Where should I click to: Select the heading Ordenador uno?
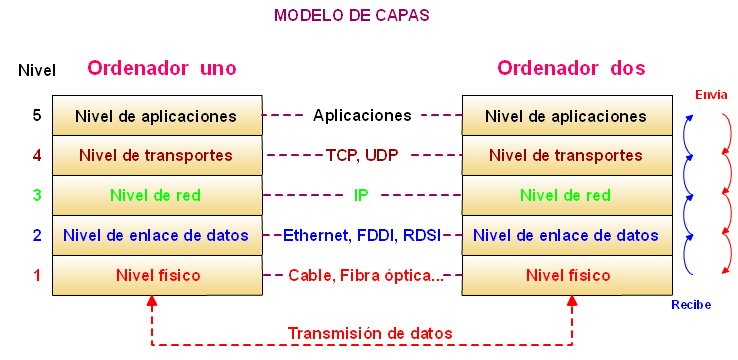[161, 69]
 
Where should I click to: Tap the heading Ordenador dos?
[571, 69]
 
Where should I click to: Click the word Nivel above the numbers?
[37, 70]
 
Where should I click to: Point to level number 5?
[37, 115]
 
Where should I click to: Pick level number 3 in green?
[37, 195]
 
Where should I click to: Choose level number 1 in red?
[37, 274]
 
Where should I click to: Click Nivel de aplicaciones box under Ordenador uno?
[156, 116]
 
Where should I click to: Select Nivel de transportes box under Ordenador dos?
[566, 156]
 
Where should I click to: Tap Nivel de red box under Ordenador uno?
[156, 196]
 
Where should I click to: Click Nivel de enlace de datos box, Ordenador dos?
[566, 236]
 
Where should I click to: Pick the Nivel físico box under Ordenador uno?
[156, 275]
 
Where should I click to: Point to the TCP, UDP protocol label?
[362, 156]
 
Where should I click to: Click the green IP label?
[362, 195]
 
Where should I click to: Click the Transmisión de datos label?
[370, 333]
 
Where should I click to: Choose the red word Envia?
[711, 94]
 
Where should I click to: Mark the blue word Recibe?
[691, 304]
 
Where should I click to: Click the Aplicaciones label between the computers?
[362, 115]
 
